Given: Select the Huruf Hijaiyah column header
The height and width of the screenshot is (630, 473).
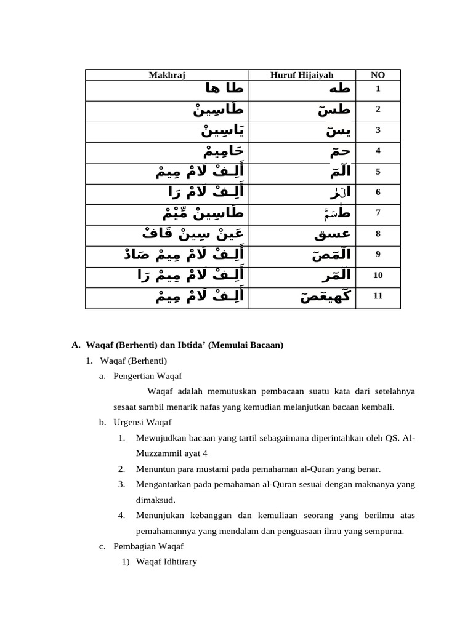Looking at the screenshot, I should pos(302,75).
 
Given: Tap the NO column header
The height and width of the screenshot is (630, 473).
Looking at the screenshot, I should pos(378,75).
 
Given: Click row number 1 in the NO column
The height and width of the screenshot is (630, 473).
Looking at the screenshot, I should pos(378,89).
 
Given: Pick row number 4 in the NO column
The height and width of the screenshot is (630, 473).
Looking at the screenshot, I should pos(378,151).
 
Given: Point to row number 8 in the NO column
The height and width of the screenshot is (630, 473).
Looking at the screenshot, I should pos(378,234).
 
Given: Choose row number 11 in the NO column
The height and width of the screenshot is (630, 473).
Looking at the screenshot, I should pos(378,296).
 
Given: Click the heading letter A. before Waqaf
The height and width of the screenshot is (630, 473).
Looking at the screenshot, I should pos(76,346).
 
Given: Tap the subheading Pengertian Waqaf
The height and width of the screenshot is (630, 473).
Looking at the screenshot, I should pos(148,376).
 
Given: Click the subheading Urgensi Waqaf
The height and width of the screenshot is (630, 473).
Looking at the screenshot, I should pos(142,423).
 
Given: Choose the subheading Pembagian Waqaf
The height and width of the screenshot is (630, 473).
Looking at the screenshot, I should pos(148,546).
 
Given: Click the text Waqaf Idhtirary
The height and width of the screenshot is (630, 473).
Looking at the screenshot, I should pos(166,562).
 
